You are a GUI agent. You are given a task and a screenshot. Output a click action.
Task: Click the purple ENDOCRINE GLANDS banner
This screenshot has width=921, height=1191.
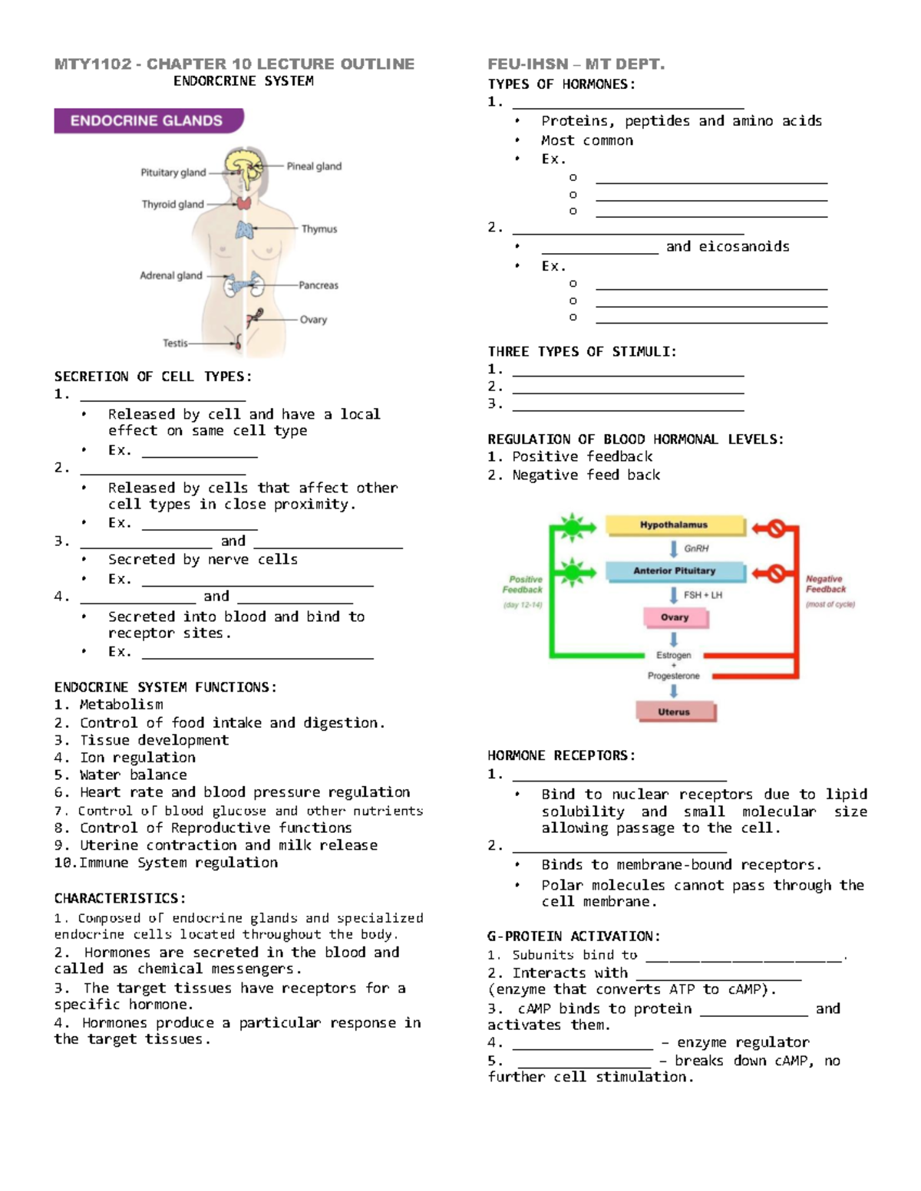pyautogui.click(x=147, y=121)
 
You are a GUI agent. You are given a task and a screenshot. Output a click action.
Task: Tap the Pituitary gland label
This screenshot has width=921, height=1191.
pyautogui.click(x=173, y=173)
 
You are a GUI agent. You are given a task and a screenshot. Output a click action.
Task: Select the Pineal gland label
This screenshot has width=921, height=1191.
pyautogui.click(x=314, y=166)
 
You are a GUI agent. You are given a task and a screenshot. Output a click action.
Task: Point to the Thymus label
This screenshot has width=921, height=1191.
pyautogui.click(x=319, y=229)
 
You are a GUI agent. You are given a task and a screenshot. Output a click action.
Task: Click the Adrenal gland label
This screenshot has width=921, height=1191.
pyautogui.click(x=170, y=275)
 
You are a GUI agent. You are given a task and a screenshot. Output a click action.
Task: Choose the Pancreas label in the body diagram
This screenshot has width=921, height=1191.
pyautogui.click(x=318, y=285)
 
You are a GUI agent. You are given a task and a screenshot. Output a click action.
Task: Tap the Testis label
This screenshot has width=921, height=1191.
pyautogui.click(x=175, y=343)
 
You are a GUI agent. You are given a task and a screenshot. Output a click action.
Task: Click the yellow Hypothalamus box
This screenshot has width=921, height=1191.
pyautogui.click(x=674, y=525)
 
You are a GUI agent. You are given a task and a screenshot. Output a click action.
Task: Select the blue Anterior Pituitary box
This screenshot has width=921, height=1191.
pyautogui.click(x=674, y=571)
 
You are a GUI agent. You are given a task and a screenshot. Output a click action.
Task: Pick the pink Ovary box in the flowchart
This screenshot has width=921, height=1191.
pyautogui.click(x=674, y=617)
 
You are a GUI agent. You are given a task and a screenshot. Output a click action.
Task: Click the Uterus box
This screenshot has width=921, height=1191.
pyautogui.click(x=674, y=712)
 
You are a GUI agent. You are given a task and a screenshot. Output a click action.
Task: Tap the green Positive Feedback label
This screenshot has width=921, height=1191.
pyautogui.click(x=523, y=585)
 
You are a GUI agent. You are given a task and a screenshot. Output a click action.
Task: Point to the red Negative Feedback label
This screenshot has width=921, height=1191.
pyautogui.click(x=826, y=584)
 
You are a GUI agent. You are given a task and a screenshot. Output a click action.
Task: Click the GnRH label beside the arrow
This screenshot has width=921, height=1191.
pyautogui.click(x=696, y=548)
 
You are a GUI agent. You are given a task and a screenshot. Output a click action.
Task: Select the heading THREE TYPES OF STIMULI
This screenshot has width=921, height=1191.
pyautogui.click(x=582, y=351)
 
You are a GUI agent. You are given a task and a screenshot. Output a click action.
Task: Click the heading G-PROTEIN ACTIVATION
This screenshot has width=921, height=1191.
pyautogui.click(x=573, y=936)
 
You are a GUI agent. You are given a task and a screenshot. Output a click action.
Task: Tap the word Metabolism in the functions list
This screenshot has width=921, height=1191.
pyautogui.click(x=121, y=704)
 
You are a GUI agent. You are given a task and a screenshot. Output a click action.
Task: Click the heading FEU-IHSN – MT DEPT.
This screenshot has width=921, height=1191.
pyautogui.click(x=576, y=64)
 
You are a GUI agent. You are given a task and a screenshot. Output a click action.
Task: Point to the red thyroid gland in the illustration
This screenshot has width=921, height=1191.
pyautogui.click(x=243, y=203)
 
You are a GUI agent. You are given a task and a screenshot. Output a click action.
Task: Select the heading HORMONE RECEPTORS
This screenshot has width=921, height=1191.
pyautogui.click(x=561, y=755)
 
